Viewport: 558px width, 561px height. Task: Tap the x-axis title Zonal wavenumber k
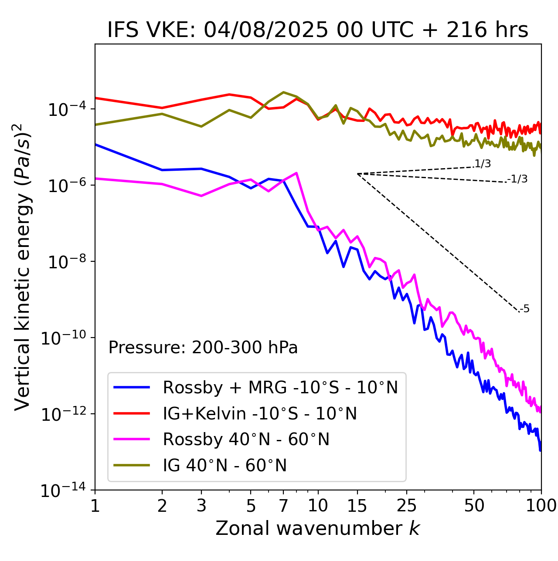pos(318,528)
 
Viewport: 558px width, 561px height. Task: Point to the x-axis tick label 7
pos(283,506)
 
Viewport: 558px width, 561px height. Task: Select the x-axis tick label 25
pos(406,506)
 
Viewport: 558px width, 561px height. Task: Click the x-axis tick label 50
pos(474,506)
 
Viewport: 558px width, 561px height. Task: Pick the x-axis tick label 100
pos(541,506)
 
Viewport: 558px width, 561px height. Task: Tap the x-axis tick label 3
pos(201,506)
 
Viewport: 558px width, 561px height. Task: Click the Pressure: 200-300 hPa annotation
pos(203,348)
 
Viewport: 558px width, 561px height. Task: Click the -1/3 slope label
pos(518,179)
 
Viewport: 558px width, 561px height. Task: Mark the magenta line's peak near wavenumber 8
pos(296,173)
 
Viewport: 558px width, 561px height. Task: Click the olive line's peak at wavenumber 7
pos(283,92)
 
